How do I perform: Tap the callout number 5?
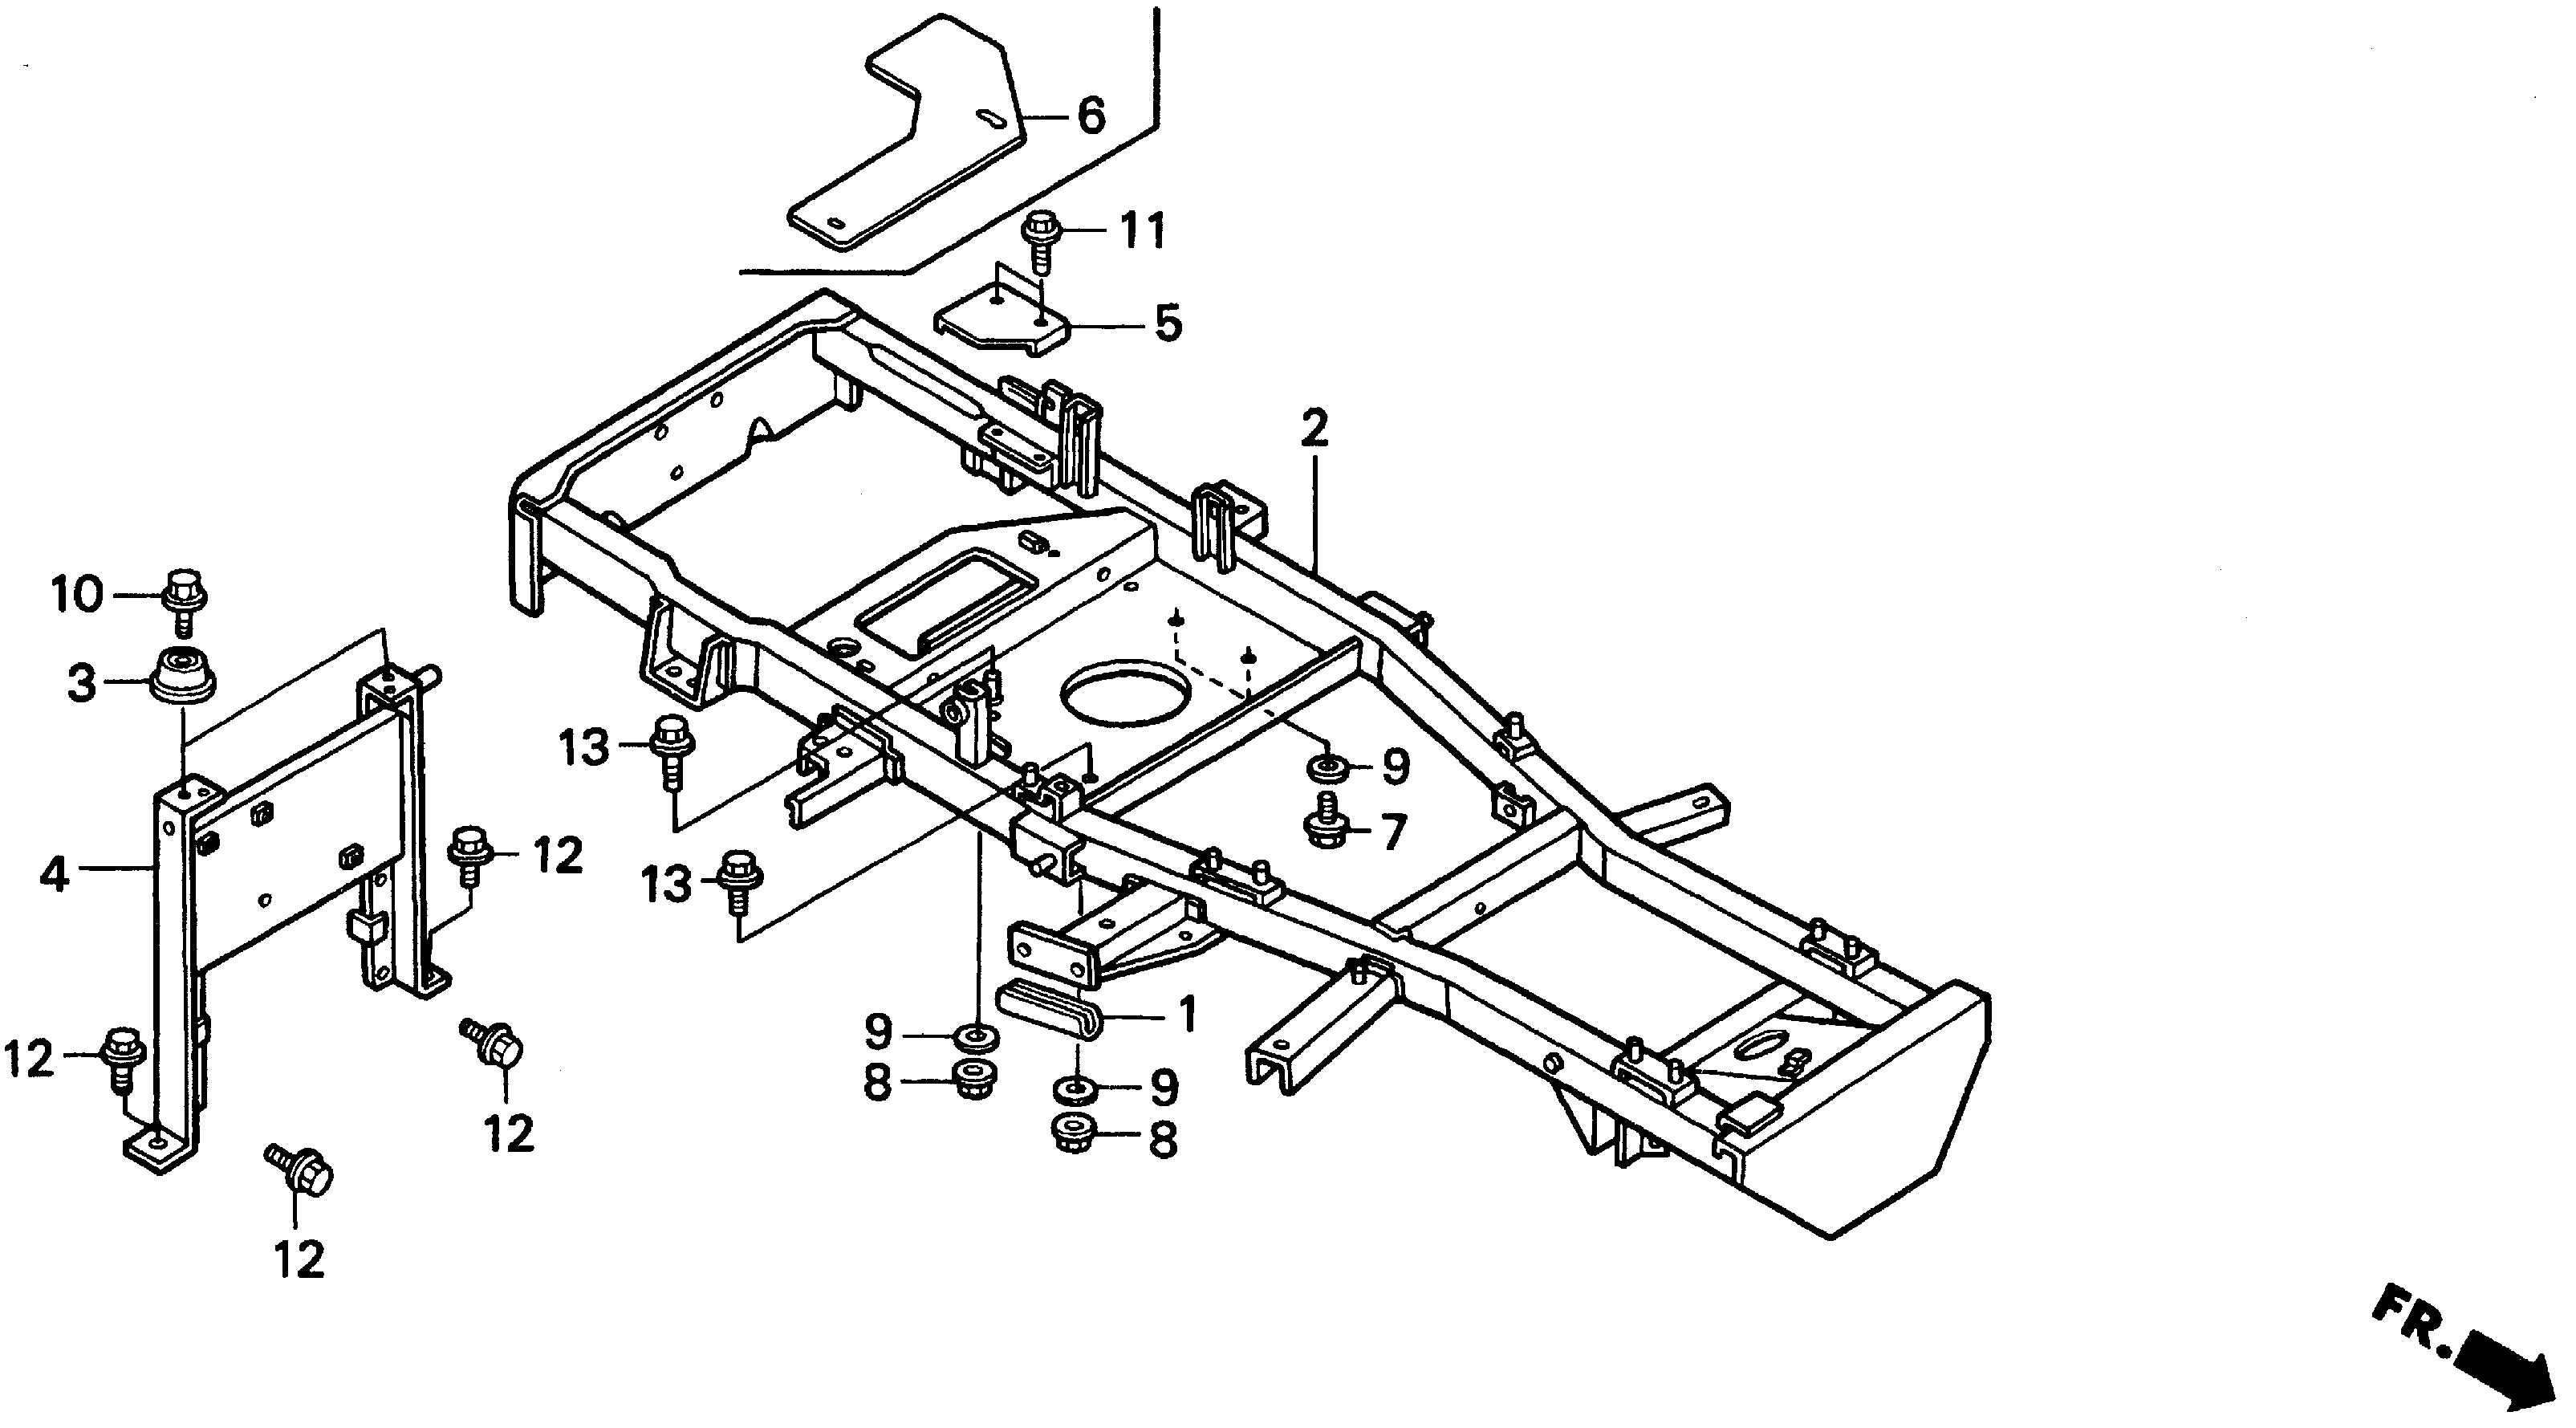1167,324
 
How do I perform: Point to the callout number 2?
1314,428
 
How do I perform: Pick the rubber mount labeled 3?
182,677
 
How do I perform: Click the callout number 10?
76,596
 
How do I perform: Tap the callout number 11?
1141,232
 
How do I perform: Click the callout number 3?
82,684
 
